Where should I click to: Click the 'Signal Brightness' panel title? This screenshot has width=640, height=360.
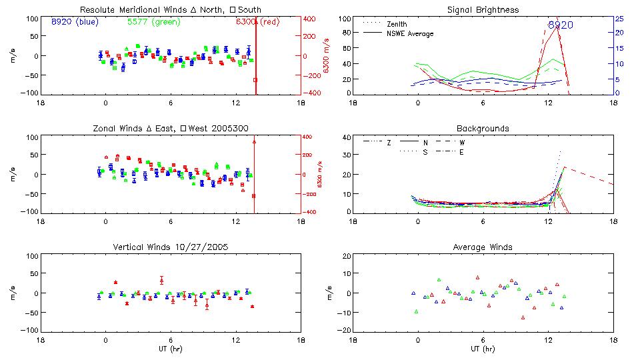(483, 10)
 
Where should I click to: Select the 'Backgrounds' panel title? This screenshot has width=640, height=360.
(483, 128)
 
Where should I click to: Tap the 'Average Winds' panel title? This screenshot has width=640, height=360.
(483, 247)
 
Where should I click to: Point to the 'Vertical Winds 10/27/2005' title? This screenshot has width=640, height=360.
(171, 247)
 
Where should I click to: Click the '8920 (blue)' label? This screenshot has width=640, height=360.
(75, 22)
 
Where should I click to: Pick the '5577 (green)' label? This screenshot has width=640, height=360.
(153, 22)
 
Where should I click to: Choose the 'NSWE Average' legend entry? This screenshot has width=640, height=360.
(410, 33)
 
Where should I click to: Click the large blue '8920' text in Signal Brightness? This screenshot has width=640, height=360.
(560, 25)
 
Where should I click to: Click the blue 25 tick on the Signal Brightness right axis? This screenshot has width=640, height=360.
(619, 19)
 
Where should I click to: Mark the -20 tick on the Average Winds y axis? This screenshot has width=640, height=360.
(345, 330)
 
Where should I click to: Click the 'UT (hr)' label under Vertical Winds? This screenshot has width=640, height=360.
(171, 349)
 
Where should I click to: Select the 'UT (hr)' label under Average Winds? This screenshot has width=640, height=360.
(483, 349)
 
